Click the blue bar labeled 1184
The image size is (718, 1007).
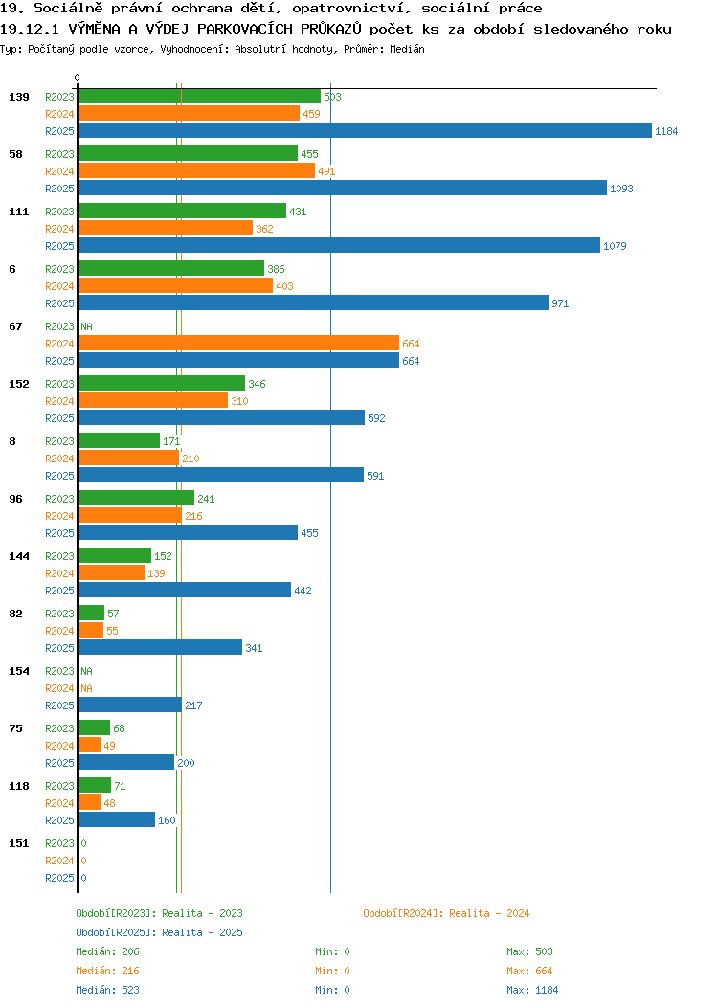point(365,130)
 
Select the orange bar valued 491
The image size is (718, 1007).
point(196,170)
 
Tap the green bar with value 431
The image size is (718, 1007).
point(183,211)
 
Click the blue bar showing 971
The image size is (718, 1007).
point(313,302)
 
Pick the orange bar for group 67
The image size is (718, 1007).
point(239,343)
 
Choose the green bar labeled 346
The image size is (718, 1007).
point(162,383)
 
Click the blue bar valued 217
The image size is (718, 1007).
point(130,705)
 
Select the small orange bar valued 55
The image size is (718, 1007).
point(91,630)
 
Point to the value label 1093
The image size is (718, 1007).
point(621,189)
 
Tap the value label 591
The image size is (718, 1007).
point(375,476)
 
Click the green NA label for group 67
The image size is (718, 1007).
point(87,326)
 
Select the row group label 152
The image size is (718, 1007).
point(18,384)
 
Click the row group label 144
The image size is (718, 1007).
point(18,556)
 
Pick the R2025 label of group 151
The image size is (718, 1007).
point(59,878)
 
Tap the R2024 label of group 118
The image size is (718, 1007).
point(59,803)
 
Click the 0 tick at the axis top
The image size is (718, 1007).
point(78,78)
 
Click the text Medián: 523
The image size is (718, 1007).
point(107,990)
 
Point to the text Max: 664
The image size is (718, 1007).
point(529,971)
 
